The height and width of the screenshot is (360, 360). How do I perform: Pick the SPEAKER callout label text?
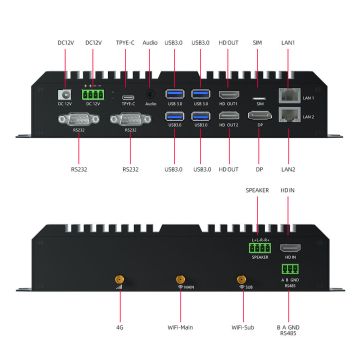point(258,190)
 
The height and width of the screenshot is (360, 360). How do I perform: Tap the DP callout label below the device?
point(259,170)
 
